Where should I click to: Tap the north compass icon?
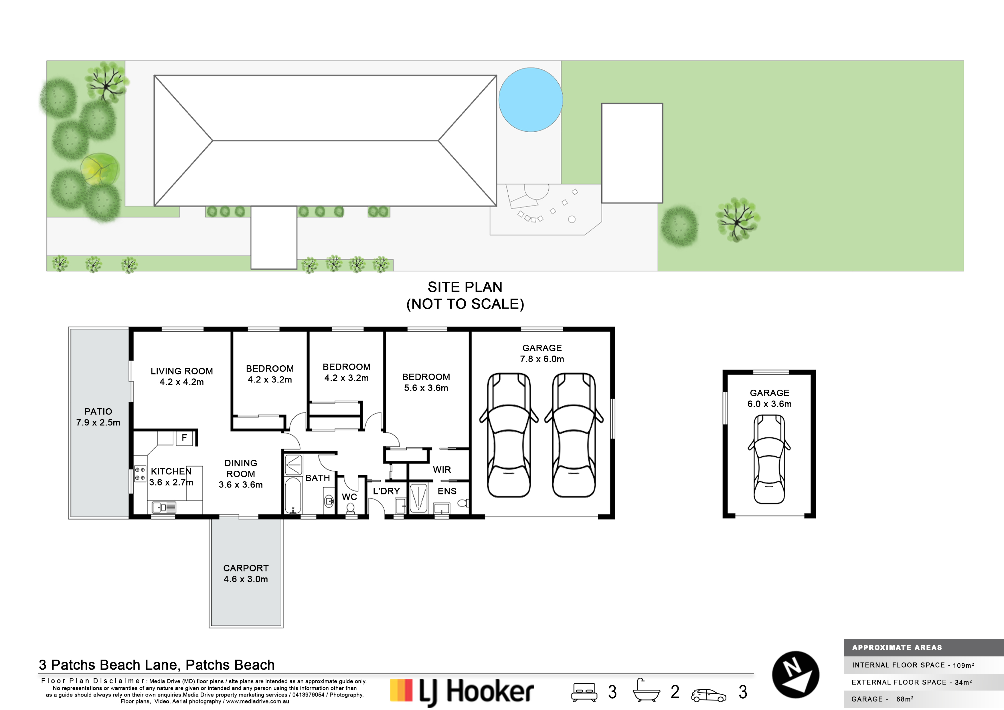point(795,674)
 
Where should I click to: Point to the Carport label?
point(246,573)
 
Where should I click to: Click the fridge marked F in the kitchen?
point(185,438)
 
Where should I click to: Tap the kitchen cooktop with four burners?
point(140,474)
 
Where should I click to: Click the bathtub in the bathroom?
point(292,496)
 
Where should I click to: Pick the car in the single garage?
point(769,459)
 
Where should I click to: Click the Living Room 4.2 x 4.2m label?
point(182,376)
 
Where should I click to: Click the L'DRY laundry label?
point(386,491)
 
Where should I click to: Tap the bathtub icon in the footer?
point(646,691)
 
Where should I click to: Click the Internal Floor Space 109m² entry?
point(913,665)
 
